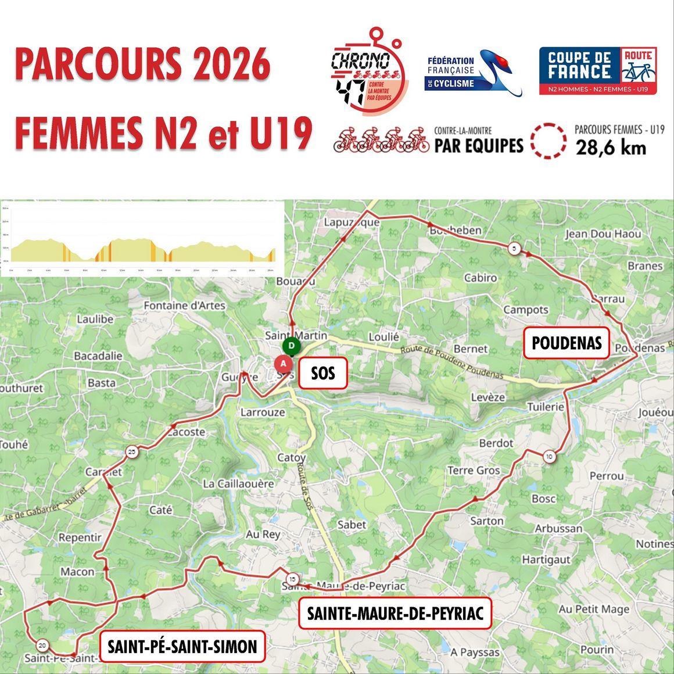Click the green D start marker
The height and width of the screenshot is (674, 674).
(x=292, y=346)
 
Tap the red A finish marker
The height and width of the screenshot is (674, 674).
(x=283, y=363)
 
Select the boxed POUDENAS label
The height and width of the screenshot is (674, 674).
(x=567, y=343)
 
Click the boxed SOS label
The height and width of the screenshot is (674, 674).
(x=322, y=373)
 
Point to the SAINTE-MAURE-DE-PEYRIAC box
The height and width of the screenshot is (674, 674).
(x=395, y=613)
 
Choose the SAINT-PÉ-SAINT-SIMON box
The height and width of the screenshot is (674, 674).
(x=182, y=646)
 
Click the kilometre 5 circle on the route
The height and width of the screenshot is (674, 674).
(x=514, y=249)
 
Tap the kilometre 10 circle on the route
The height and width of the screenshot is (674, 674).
(x=549, y=457)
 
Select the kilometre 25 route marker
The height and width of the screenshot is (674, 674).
(x=132, y=452)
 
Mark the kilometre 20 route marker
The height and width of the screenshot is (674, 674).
(x=42, y=645)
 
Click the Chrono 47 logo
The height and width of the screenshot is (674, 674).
(x=366, y=73)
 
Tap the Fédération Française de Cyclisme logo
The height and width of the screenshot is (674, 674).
(x=474, y=73)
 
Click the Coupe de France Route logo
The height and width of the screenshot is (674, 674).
(x=598, y=71)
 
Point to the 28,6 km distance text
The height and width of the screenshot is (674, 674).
(x=611, y=148)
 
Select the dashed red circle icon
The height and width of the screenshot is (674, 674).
(x=548, y=141)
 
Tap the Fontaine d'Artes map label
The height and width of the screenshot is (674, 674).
(x=184, y=306)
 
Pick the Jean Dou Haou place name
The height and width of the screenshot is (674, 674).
(x=603, y=234)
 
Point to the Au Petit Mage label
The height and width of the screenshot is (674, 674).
(x=594, y=609)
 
